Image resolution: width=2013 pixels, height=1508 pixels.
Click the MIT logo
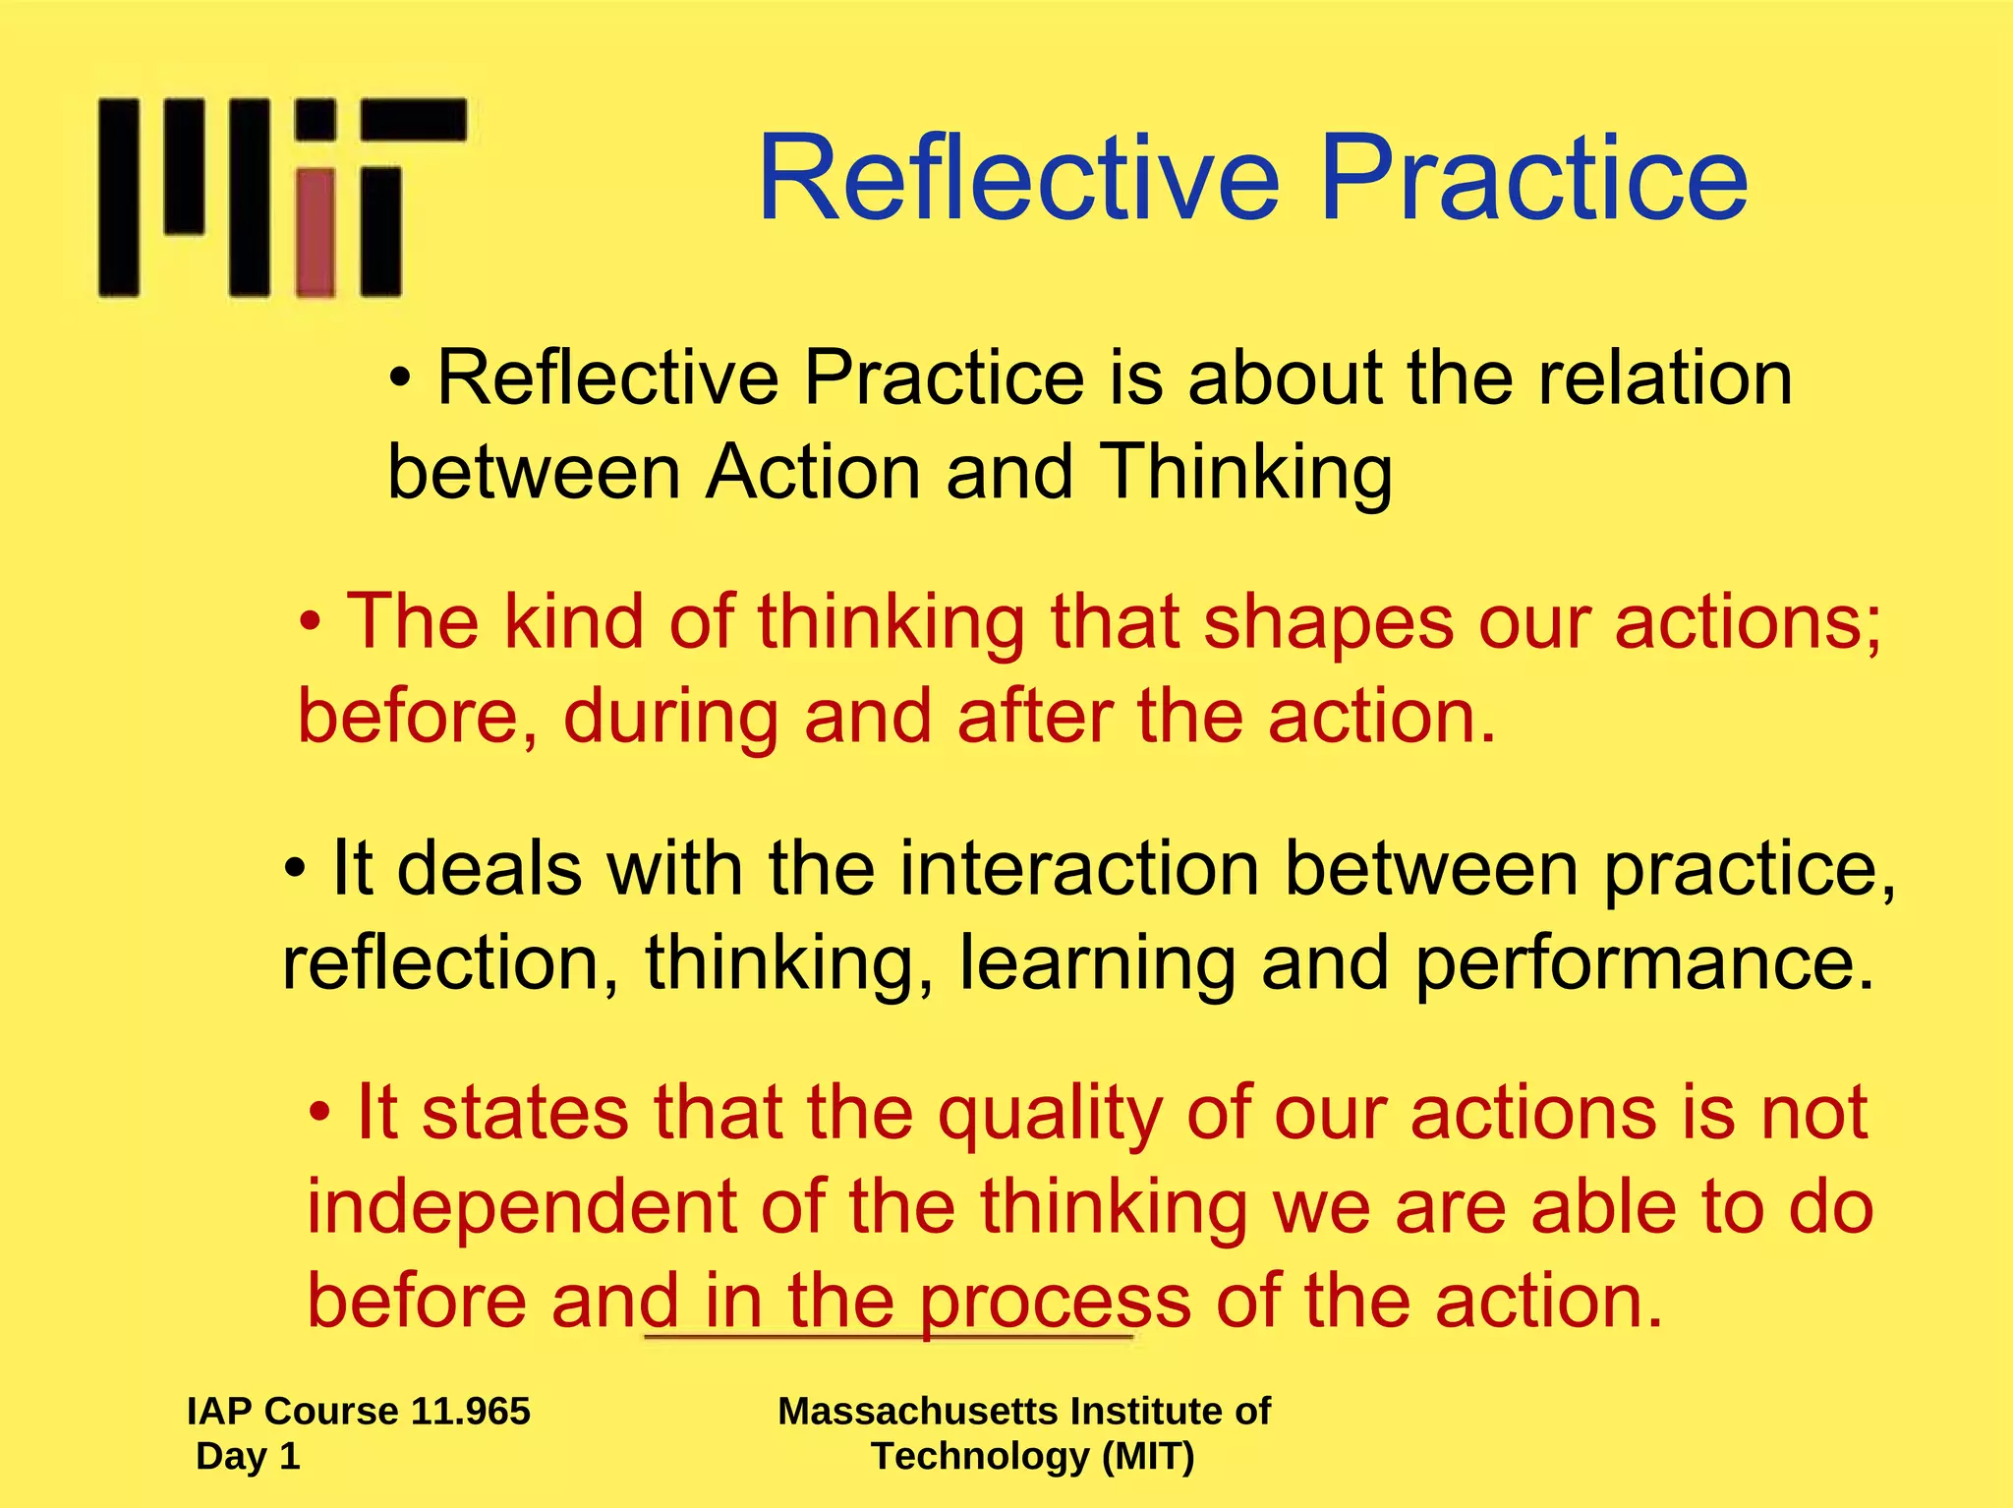[x=281, y=197]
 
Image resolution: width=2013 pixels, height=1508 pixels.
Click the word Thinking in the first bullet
[x=1245, y=473]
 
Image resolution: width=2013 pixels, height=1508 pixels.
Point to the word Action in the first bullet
[x=813, y=473]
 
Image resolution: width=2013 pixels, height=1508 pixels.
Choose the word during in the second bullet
[x=671, y=717]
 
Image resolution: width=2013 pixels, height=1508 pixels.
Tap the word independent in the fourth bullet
[x=521, y=1207]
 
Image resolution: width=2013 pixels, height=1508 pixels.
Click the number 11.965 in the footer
[x=471, y=1411]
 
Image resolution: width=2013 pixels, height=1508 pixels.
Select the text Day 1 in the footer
[x=248, y=1456]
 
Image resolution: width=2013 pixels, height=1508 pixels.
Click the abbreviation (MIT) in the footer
[x=1148, y=1456]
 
